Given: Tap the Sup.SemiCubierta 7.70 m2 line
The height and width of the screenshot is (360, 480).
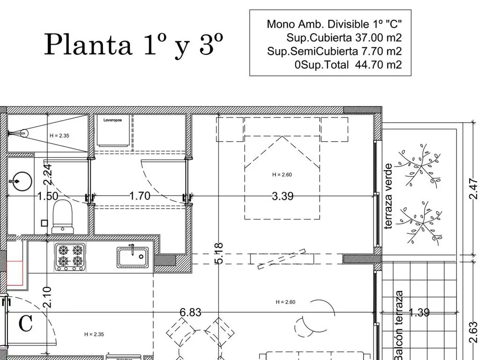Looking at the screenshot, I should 334,51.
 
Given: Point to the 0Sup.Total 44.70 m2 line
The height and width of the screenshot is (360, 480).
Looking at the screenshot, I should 348,65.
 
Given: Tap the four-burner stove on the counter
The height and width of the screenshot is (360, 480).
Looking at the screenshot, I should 70,257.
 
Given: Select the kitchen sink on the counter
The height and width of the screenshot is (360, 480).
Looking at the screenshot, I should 133,257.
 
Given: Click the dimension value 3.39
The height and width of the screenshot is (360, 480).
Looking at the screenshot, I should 283,196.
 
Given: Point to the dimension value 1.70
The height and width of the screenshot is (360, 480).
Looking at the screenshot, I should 140,196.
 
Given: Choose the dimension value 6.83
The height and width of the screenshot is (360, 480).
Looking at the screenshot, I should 191,312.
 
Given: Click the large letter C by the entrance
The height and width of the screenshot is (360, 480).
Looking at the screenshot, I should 25,323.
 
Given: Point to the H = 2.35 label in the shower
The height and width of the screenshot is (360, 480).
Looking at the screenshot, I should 60,135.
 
